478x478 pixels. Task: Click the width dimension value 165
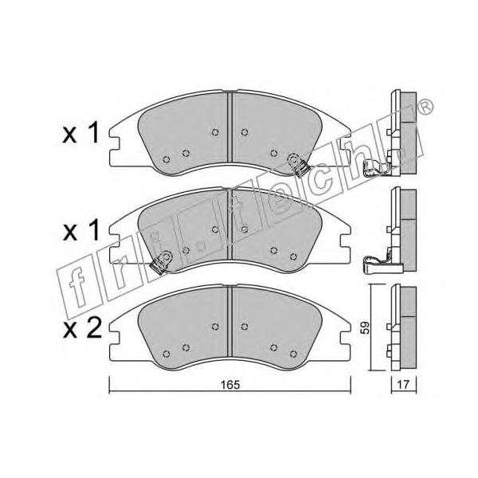point(230,385)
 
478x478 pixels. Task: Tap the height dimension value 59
point(365,327)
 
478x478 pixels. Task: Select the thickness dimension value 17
point(403,385)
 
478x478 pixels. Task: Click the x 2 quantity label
point(82,329)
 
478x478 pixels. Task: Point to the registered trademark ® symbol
point(425,107)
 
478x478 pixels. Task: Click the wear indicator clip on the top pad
point(297,165)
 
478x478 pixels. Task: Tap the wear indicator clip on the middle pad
point(160,263)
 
